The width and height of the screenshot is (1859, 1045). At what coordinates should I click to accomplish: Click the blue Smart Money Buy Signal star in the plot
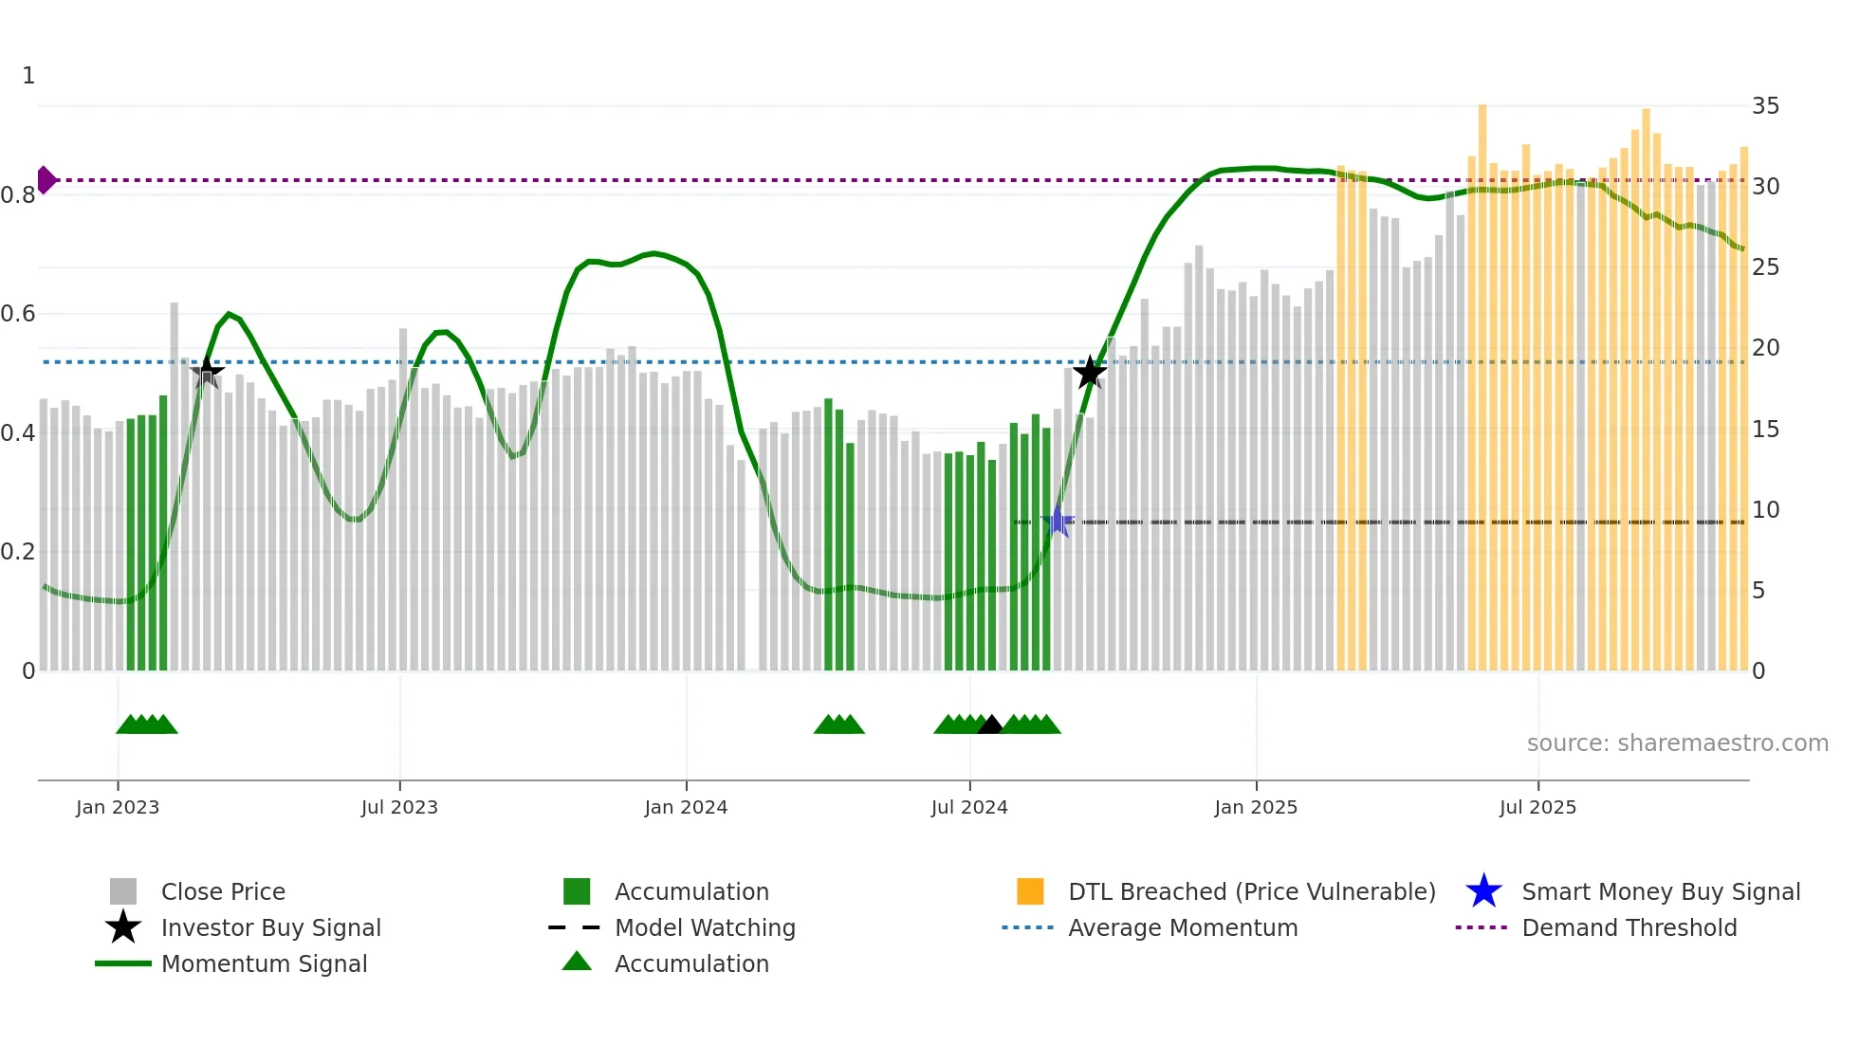coord(1058,522)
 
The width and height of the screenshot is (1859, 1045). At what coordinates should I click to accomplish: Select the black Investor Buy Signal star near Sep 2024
coord(1090,372)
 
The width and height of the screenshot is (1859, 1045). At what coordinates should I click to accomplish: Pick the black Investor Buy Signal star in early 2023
coord(207,372)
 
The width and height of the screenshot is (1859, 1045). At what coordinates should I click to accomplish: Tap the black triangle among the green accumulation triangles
coord(990,725)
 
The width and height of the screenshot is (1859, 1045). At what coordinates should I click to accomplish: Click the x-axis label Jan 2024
coord(686,807)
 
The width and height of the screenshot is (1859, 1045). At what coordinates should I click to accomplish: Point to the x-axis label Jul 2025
coord(1537,807)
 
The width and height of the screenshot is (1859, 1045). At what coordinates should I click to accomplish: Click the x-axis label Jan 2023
coord(118,807)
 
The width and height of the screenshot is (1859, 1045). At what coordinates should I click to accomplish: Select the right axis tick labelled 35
coord(1765,105)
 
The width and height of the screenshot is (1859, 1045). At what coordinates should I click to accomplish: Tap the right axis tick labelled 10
coord(1765,509)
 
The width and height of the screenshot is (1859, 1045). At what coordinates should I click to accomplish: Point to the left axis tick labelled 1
coord(28,75)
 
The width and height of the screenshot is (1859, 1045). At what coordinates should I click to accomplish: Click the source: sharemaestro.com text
coord(1677,742)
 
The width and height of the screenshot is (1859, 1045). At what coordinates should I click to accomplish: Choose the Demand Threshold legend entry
coord(1629,927)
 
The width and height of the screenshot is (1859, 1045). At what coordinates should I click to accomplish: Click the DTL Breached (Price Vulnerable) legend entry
coord(1251,891)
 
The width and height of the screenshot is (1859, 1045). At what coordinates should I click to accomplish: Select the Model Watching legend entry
coord(704,927)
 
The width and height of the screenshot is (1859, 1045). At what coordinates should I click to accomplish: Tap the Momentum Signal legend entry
coord(264,963)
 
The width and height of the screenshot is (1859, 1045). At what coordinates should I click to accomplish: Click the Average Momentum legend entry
coord(1182,927)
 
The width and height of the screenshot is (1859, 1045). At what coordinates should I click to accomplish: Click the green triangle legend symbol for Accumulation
coord(577,962)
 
